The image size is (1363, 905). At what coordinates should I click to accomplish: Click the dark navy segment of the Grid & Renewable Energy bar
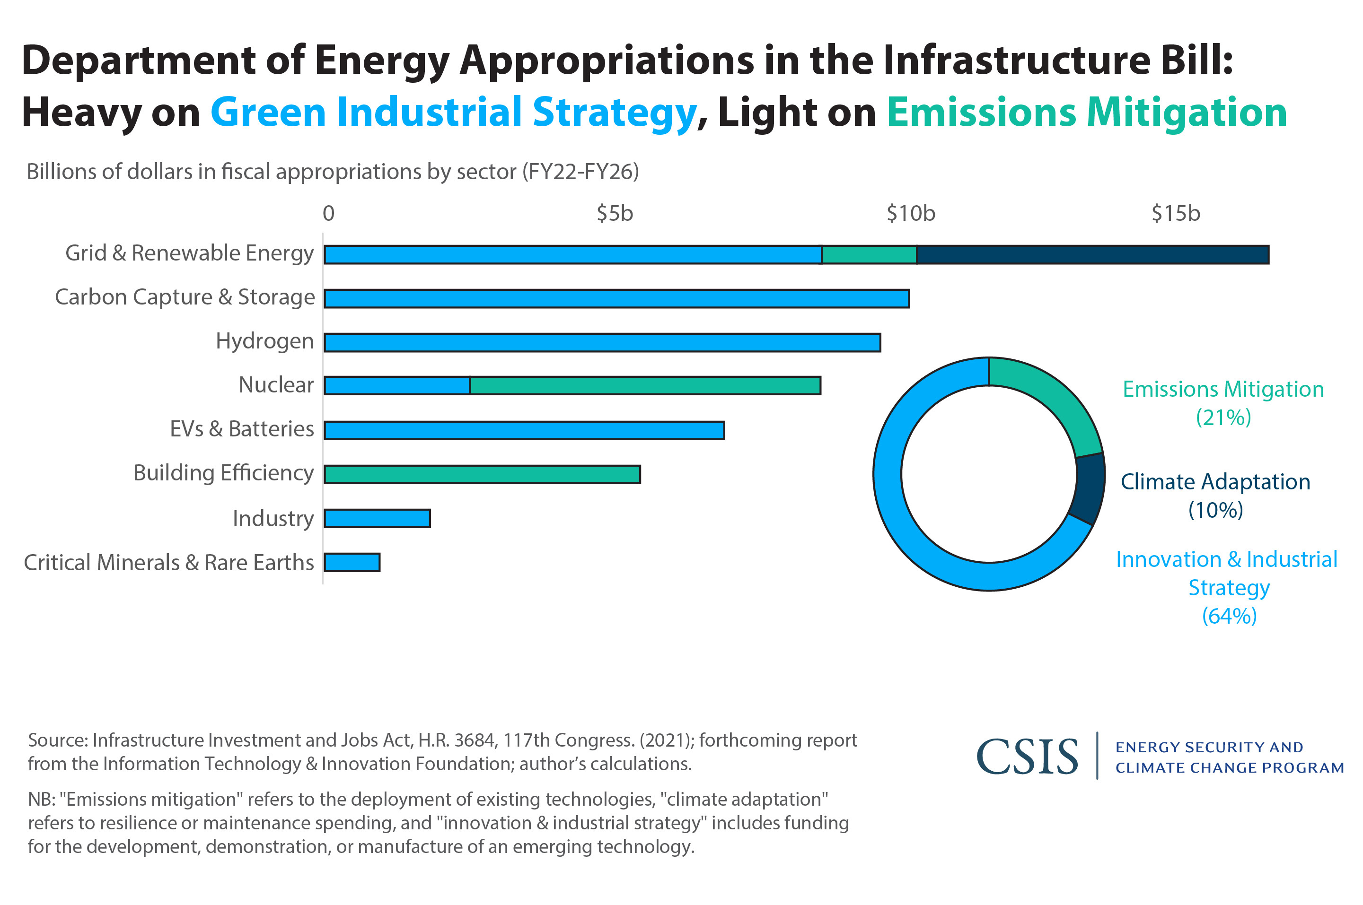pos(1091,254)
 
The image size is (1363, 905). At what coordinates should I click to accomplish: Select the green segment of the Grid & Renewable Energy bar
pos(869,254)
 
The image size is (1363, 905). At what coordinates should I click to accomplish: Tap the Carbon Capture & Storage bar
pos(616,298)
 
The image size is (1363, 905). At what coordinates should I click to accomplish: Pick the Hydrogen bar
pos(602,342)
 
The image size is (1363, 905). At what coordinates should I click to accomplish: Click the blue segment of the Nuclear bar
pos(397,385)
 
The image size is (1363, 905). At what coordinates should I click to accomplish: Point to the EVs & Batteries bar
pos(524,430)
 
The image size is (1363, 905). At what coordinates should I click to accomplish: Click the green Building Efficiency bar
pos(482,474)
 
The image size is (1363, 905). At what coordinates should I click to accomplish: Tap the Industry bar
pos(377,518)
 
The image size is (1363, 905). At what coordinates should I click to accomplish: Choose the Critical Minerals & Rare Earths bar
pos(352,562)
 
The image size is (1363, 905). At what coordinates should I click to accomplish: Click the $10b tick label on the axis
pos(910,214)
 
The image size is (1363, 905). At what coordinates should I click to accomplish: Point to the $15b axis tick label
pos(1175,214)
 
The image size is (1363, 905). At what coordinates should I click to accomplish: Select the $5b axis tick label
pos(615,214)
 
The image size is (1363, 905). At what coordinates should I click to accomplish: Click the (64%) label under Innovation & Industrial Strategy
pos(1229,616)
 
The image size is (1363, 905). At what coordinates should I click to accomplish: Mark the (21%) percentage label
pos(1223,418)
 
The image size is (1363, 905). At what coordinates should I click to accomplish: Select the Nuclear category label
pos(276,385)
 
